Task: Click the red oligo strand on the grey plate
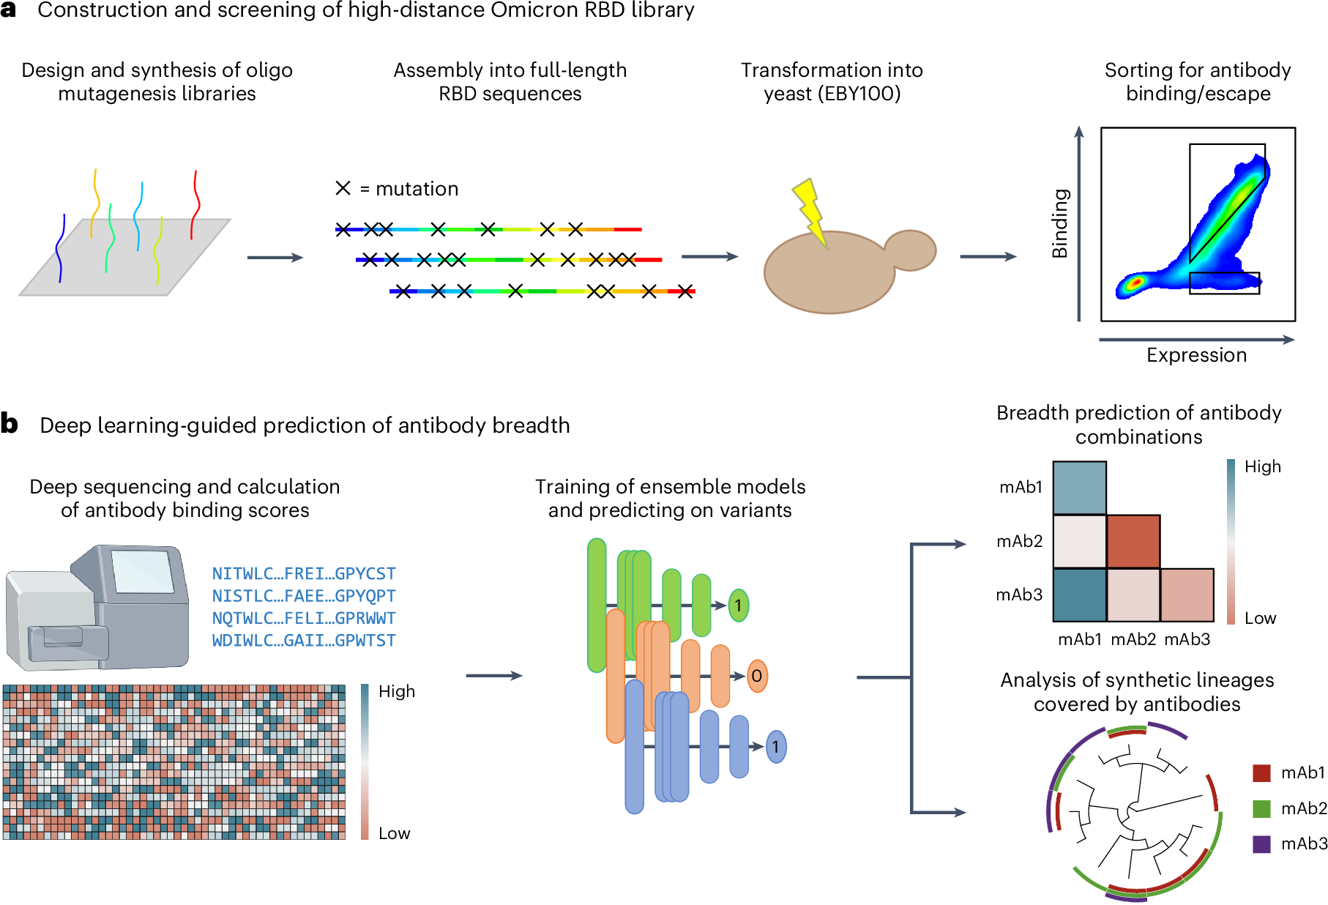click(x=195, y=204)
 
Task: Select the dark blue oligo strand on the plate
click(x=60, y=249)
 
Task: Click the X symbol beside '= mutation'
click(x=343, y=188)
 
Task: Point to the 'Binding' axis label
click(x=1059, y=223)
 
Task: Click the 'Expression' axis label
click(x=1196, y=355)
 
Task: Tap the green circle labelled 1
click(x=739, y=606)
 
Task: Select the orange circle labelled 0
click(x=757, y=676)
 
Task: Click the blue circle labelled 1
click(x=776, y=747)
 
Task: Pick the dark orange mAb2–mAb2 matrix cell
click(x=1133, y=542)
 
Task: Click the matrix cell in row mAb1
click(x=1080, y=488)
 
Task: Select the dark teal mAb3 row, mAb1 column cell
click(x=1080, y=595)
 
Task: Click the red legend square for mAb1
click(x=1261, y=773)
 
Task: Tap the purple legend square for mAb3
click(x=1261, y=844)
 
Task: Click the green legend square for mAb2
click(x=1261, y=808)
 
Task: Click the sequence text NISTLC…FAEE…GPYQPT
click(x=304, y=596)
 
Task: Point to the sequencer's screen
click(x=142, y=571)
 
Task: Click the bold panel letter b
click(x=10, y=424)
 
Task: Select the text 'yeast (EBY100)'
click(x=832, y=94)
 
